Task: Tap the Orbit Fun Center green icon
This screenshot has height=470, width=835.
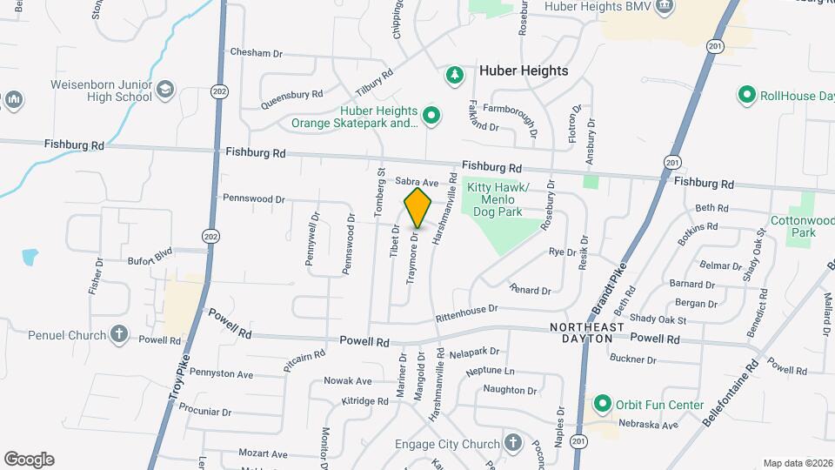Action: [x=601, y=404]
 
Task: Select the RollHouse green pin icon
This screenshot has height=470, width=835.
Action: [x=745, y=95]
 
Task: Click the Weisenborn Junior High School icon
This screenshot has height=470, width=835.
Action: [x=165, y=90]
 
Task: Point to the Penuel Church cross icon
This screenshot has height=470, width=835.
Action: [x=119, y=333]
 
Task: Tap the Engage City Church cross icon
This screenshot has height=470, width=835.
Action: [x=513, y=443]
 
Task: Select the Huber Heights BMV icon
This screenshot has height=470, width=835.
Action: [x=665, y=7]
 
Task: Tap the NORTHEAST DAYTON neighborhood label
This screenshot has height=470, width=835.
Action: [x=588, y=332]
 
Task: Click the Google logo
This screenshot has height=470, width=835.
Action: [x=29, y=460]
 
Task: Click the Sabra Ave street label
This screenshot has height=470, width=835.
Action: [x=416, y=182]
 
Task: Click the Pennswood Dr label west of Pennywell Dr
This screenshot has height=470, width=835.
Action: [x=254, y=199]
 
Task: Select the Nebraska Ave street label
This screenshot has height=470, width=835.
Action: [x=648, y=425]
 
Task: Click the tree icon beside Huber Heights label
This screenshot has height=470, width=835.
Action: [x=453, y=75]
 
